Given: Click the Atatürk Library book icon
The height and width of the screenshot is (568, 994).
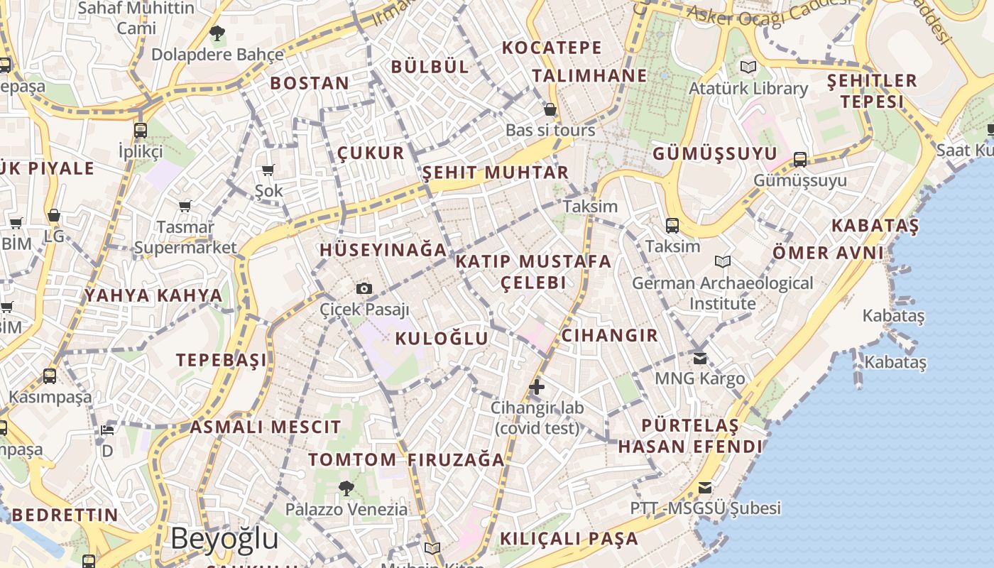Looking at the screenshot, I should coord(748,67).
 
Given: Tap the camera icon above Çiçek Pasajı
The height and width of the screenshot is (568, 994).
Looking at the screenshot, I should coord(364,288).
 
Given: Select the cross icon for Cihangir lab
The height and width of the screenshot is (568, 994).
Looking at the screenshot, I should coord(537,387).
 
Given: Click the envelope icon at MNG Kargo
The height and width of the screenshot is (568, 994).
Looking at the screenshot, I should coord(700,358).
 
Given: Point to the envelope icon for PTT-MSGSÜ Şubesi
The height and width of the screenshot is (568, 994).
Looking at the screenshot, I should coord(705,488).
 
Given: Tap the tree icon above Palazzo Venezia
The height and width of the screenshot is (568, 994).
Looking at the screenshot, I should coord(346,488).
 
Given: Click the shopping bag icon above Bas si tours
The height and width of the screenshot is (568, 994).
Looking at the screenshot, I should coord(550,109).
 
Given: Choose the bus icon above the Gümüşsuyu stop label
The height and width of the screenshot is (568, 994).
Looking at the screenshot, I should coord(800,159).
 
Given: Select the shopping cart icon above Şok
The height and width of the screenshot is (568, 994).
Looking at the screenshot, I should coord(268,170).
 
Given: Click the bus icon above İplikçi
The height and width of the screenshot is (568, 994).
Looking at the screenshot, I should coord(141,130).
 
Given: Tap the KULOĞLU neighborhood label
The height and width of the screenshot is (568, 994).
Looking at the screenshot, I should coord(442,339).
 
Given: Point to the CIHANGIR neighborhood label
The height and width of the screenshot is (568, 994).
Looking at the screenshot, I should coord(610,335).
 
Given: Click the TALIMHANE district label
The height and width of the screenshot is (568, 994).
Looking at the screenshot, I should coord(589,76).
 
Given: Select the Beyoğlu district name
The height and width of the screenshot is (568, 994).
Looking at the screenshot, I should coord(224,538).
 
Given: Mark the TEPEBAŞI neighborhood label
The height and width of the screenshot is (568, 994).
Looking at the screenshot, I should coord(222,360).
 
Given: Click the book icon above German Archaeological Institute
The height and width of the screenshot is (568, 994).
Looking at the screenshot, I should coord(723,262).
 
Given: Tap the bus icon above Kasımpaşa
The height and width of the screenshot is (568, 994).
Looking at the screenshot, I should coord(50,376).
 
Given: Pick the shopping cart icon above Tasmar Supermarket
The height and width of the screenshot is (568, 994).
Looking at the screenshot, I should coord(185,207).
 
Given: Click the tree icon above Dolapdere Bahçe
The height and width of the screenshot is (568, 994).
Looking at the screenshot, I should coord(217,33).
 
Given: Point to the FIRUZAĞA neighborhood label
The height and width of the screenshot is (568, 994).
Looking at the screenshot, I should coord(457,460).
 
